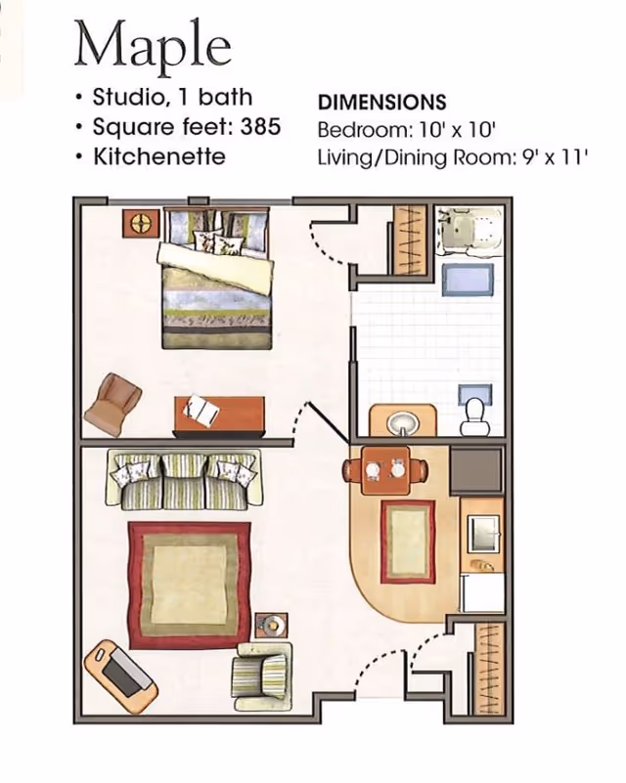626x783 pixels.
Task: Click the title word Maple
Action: coord(153,47)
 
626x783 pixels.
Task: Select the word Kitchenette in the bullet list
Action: coord(159,156)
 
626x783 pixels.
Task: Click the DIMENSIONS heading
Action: coord(382,103)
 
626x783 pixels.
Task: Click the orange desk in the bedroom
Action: coord(219,414)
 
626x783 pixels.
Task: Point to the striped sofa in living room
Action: coord(184,478)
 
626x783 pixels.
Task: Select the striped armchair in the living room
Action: coord(261,675)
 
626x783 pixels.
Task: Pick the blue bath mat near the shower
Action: coord(467,280)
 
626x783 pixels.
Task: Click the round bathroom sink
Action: coord(403,423)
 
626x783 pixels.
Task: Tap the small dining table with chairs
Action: coord(384,470)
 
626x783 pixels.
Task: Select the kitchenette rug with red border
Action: coord(407,541)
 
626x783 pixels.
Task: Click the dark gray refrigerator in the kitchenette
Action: coord(476,469)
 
